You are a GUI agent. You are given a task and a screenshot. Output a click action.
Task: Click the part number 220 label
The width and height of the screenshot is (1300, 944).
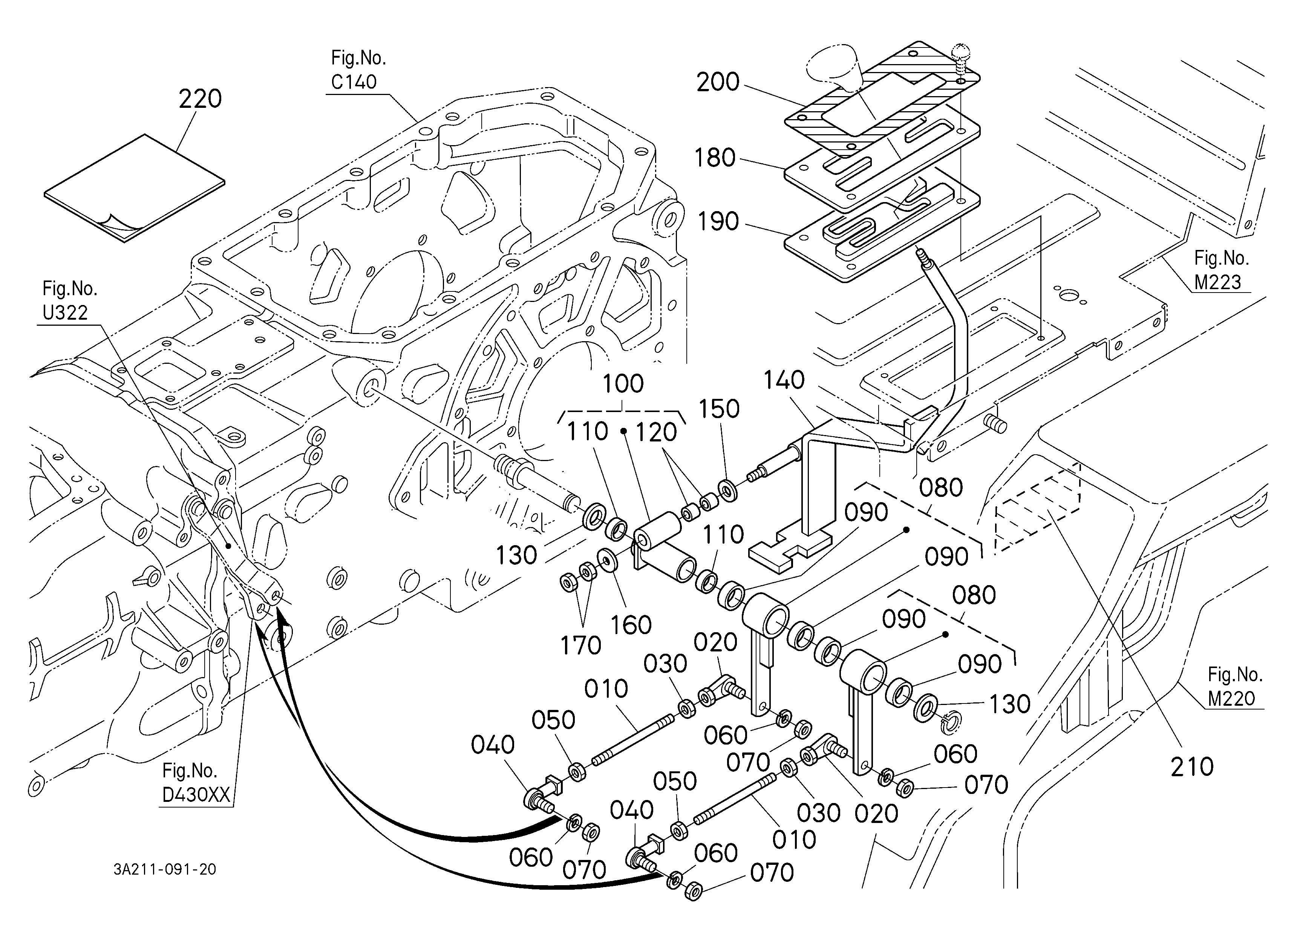click(x=200, y=99)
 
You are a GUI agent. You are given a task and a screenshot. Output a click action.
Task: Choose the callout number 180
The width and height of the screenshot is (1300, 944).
click(x=715, y=158)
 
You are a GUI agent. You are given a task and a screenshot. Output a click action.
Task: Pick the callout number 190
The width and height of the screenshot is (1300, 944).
click(x=718, y=221)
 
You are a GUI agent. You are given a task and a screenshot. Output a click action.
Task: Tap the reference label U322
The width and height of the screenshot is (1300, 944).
click(x=65, y=313)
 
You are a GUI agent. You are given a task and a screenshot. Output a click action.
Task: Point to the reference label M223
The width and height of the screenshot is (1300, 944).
click(x=1218, y=282)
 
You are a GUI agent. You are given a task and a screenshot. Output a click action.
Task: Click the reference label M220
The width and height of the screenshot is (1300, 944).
click(x=1231, y=698)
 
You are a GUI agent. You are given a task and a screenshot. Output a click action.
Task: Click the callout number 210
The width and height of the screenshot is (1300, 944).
click(x=1192, y=766)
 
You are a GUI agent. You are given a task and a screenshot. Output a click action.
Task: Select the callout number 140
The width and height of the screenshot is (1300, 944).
click(x=784, y=380)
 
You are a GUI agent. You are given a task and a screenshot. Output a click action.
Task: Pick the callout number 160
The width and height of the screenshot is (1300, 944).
click(x=631, y=625)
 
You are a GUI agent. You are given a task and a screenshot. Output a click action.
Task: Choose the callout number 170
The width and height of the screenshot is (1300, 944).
click(x=580, y=646)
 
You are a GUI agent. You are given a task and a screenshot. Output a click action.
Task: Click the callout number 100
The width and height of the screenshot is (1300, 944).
click(x=624, y=383)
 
